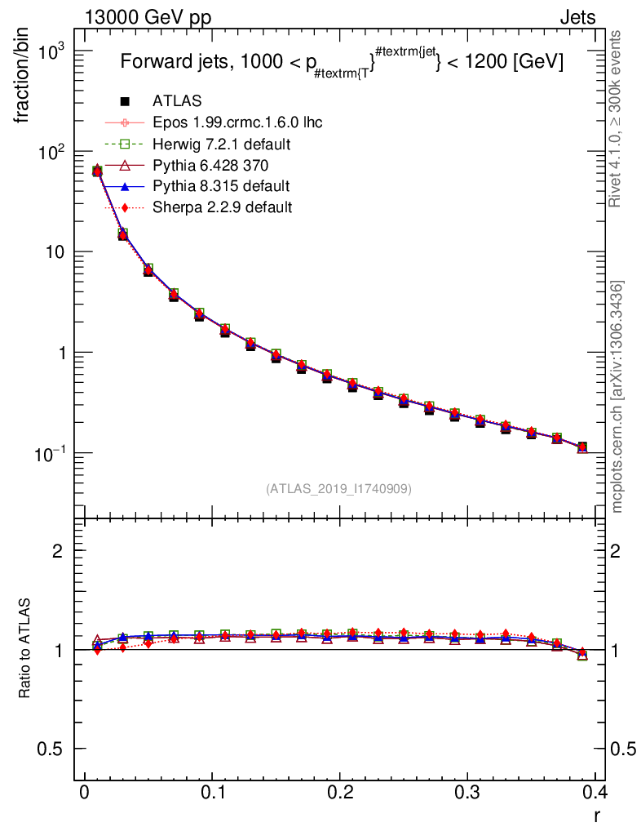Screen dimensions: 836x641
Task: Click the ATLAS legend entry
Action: pyautogui.click(x=177, y=101)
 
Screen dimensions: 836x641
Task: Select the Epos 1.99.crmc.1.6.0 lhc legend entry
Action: pyautogui.click(x=237, y=122)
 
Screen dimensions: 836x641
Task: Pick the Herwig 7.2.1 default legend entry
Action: pyautogui.click(x=222, y=144)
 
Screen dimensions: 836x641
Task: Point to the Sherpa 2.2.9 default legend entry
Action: pyautogui.click(x=222, y=207)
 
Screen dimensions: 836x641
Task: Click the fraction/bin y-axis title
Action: pyautogui.click(x=24, y=78)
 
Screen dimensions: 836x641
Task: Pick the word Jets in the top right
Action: pyautogui.click(x=577, y=17)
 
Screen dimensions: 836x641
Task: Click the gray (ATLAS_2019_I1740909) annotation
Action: pyautogui.click(x=338, y=489)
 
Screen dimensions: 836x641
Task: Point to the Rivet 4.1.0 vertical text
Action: pyautogui.click(x=617, y=118)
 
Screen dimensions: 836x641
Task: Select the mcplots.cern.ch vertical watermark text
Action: pyautogui.click(x=617, y=397)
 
